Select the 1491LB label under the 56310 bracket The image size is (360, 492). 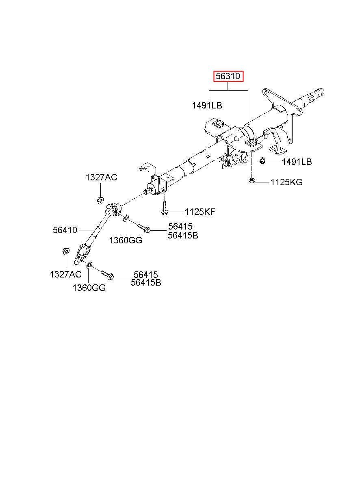pyautogui.click(x=207, y=106)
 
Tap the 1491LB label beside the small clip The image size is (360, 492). pyautogui.click(x=297, y=162)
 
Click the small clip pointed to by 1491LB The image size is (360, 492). pyautogui.click(x=262, y=161)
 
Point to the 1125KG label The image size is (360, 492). pyautogui.click(x=286, y=182)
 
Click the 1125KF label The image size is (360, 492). pyautogui.click(x=200, y=212)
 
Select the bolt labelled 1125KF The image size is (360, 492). pyautogui.click(x=164, y=208)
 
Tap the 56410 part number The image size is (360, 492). pyautogui.click(x=65, y=230)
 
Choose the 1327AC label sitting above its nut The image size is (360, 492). pyautogui.click(x=101, y=177)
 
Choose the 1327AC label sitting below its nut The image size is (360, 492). pyautogui.click(x=65, y=274)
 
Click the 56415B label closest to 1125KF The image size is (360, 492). pyautogui.click(x=183, y=235)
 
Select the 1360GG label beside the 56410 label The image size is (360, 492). pyautogui.click(x=125, y=240)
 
